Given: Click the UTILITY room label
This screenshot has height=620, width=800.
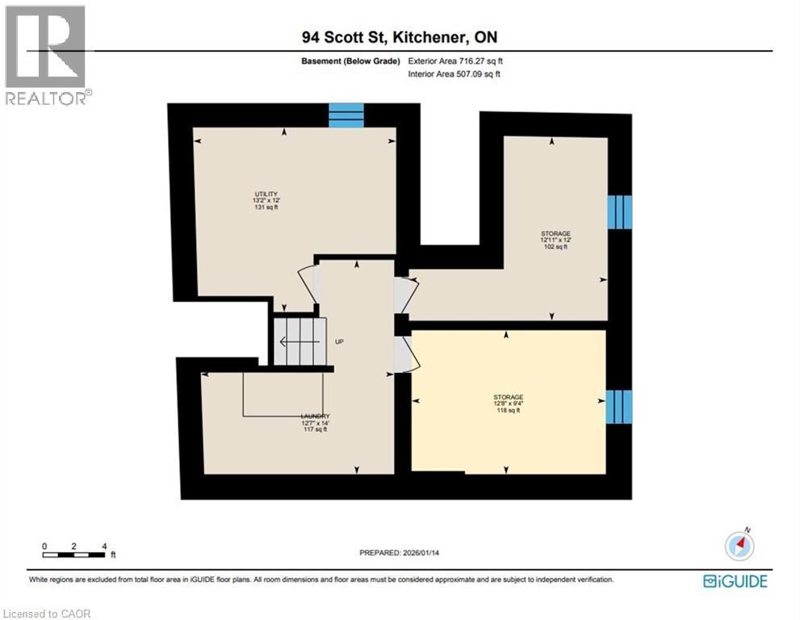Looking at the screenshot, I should coord(266,194).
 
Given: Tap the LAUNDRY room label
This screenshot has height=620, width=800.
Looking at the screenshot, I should coord(316,416).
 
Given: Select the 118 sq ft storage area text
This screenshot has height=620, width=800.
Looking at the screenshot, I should coord(509,411).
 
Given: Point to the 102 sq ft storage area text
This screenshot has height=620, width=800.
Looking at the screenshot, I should coord(555,247).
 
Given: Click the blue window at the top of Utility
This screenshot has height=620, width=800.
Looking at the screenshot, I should coord(346,115).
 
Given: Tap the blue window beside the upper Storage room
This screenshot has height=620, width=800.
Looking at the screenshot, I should coord(620,212).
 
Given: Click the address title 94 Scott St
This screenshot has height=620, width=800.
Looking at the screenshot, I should coord(400,39).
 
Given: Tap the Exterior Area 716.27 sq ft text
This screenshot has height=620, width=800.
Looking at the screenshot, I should coord(458,61).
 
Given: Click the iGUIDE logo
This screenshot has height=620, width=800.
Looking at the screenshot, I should coord(735,580).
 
